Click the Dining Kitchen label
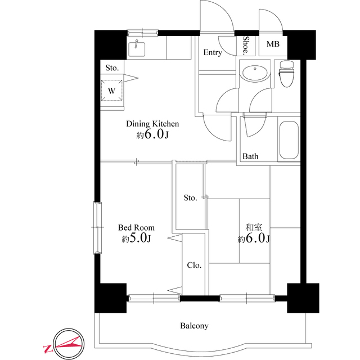(152, 124)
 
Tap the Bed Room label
(136, 228)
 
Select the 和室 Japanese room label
(254, 227)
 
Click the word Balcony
(195, 326)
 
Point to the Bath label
(251, 156)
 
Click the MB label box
(272, 44)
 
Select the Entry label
(212, 53)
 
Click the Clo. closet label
(195, 265)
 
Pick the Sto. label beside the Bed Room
(190, 197)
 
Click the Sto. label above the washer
(112, 67)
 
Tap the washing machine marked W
(111, 90)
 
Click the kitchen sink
(137, 48)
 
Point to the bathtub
(289, 141)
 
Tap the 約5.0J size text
(136, 239)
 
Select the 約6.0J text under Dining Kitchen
(152, 135)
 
